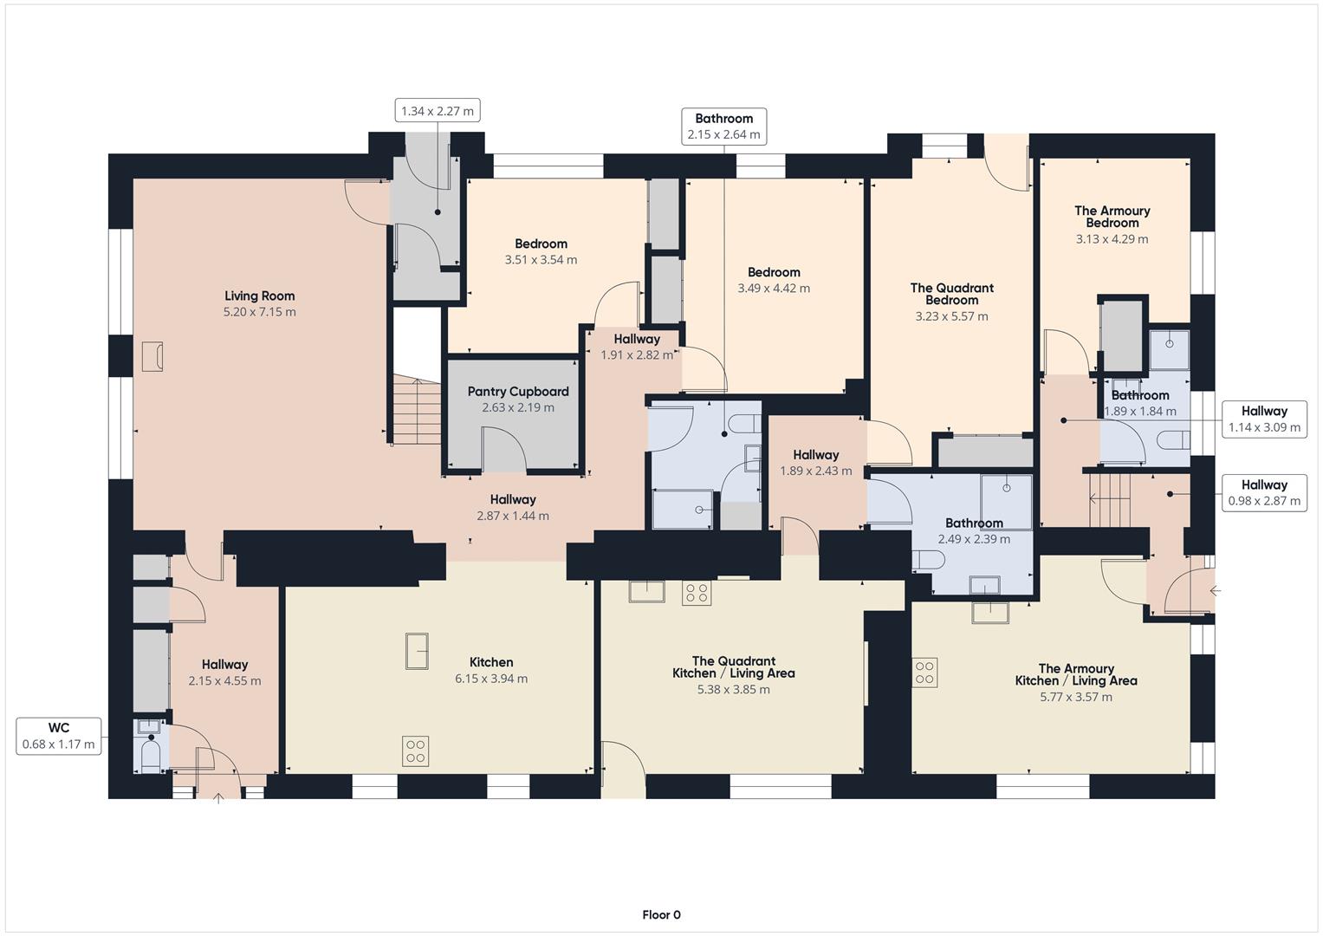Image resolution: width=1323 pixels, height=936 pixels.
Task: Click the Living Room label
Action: click(x=259, y=296)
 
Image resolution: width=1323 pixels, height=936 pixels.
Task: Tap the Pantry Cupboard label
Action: click(x=518, y=392)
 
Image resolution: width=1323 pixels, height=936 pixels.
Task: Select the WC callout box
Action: click(x=59, y=736)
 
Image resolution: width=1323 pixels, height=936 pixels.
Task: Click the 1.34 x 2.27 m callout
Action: click(x=438, y=111)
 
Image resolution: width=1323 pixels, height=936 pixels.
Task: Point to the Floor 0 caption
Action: click(x=661, y=914)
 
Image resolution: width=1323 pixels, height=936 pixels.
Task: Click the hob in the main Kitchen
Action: click(x=415, y=751)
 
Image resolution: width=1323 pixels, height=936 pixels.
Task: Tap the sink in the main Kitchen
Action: click(x=417, y=651)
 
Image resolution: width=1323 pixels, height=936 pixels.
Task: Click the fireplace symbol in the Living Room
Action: click(x=152, y=356)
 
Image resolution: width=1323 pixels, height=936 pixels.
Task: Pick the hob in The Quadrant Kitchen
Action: click(x=697, y=593)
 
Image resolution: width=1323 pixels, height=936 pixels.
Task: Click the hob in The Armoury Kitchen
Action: click(x=924, y=673)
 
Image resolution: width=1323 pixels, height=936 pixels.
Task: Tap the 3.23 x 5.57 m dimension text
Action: click(x=951, y=316)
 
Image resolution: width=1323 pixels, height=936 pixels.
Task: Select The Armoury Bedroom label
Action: click(x=1112, y=217)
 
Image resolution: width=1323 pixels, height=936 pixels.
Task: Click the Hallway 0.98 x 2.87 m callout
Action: click(x=1263, y=493)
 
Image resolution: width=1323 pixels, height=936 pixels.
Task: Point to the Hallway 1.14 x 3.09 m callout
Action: click(x=1263, y=419)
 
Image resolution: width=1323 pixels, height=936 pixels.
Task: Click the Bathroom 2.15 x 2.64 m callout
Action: click(x=723, y=127)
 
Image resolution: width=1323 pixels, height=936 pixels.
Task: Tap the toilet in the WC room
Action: click(x=151, y=755)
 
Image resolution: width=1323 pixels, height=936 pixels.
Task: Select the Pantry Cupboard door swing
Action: click(x=503, y=450)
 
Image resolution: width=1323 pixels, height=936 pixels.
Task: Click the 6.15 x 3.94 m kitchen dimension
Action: click(x=490, y=679)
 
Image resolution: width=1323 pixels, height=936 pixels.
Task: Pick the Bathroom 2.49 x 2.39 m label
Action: click(x=974, y=523)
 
